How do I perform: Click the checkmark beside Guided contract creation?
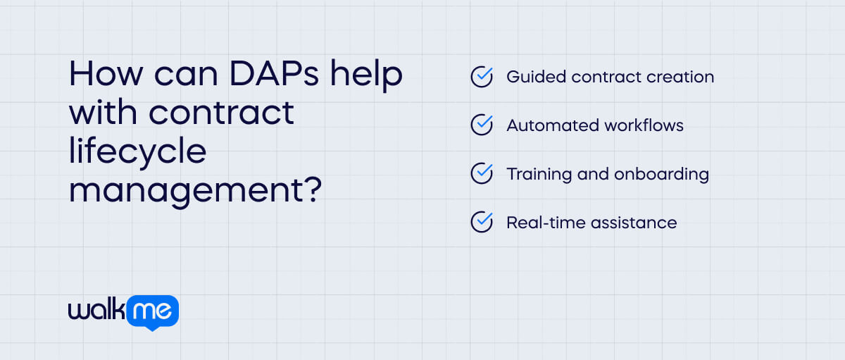coord(481,77)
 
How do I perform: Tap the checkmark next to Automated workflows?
coord(481,125)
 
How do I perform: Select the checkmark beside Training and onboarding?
coord(481,173)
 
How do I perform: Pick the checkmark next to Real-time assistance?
coord(481,223)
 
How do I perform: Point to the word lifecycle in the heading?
coord(137,152)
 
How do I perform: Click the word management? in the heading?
coord(196,190)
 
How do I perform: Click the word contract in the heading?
coord(225,113)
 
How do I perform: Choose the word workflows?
coord(644,125)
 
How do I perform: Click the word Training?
coord(537,174)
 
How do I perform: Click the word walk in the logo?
coord(96,309)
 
